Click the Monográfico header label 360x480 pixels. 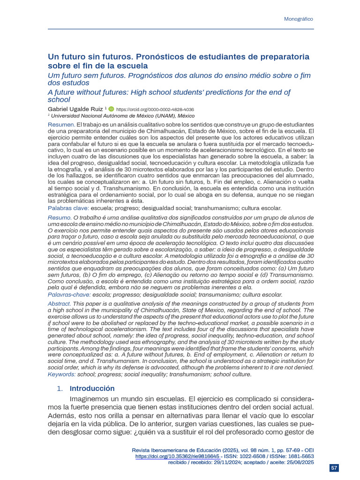click(299, 19)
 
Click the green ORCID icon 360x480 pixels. click(111, 108)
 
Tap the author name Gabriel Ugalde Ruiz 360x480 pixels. click(75, 108)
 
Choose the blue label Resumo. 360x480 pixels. click(60, 218)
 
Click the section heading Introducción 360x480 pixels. click(92, 389)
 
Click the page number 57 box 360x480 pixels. click(334, 468)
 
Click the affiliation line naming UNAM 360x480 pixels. click(123, 115)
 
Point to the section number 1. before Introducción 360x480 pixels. click(60, 389)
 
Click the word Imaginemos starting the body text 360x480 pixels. click(91, 399)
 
